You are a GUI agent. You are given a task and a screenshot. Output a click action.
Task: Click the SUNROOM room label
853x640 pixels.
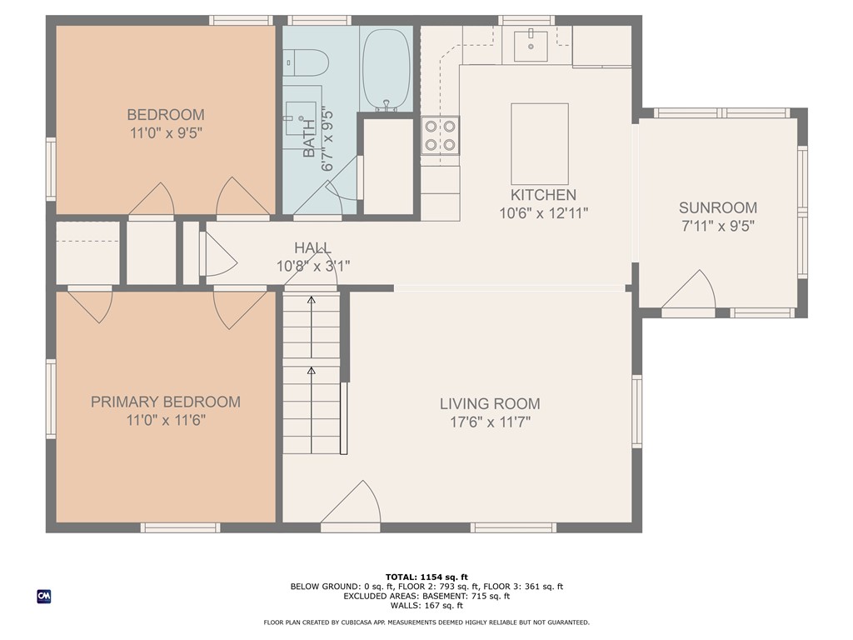click(x=717, y=207)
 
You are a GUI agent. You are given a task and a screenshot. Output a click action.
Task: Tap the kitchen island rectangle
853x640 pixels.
click(x=540, y=143)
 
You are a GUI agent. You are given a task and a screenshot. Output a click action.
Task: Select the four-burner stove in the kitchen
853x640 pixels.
click(x=440, y=135)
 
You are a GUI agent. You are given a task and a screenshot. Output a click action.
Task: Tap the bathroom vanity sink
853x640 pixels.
click(x=299, y=117)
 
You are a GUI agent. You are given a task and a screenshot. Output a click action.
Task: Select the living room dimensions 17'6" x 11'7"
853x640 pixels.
click(x=485, y=422)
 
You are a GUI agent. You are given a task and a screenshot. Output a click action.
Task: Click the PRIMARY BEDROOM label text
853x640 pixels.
click(x=166, y=402)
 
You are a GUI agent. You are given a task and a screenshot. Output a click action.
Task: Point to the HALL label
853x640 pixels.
click(x=312, y=248)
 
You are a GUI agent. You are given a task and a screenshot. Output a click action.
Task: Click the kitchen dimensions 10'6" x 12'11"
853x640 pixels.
click(x=544, y=213)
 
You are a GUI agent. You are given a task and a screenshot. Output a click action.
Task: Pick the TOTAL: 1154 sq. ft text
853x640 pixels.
click(x=426, y=577)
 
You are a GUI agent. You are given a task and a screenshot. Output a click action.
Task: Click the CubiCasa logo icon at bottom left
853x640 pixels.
click(x=43, y=596)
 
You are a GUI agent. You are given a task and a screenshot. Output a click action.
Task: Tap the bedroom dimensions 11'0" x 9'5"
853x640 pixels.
click(x=166, y=132)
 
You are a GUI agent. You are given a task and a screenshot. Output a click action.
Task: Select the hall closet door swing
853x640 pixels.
click(x=217, y=254)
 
